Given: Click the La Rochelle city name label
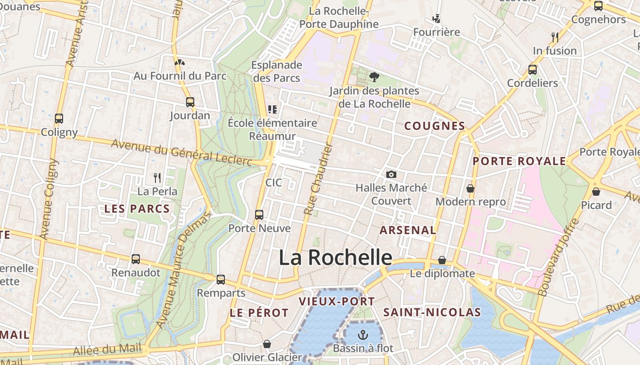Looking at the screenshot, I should [x=336, y=258].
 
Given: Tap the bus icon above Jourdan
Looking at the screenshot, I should [x=190, y=102].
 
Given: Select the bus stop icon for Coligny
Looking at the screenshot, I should [x=59, y=119].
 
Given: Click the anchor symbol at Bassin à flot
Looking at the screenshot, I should [x=363, y=335].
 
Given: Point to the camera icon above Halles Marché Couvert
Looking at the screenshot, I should [x=391, y=174].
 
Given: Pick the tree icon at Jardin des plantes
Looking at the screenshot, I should [x=374, y=77].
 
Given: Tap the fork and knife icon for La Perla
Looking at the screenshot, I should [x=157, y=177].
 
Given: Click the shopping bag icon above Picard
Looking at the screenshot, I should [x=596, y=192].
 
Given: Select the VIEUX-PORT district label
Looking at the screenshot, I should [x=336, y=301].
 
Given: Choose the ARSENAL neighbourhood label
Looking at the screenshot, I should [x=408, y=230].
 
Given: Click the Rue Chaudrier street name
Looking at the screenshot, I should [x=317, y=179].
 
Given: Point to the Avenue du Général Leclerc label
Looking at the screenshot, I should [x=181, y=152].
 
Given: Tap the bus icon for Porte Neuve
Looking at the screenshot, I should [x=259, y=214].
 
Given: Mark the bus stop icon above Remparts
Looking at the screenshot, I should [x=221, y=279].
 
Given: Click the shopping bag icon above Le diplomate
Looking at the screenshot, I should [x=442, y=260].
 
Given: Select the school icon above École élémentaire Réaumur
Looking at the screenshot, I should [x=272, y=109].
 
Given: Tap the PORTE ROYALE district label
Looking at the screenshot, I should [x=519, y=161].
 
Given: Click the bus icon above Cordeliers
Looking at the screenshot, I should [x=533, y=70].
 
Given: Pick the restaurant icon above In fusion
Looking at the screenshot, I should [x=555, y=37].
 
